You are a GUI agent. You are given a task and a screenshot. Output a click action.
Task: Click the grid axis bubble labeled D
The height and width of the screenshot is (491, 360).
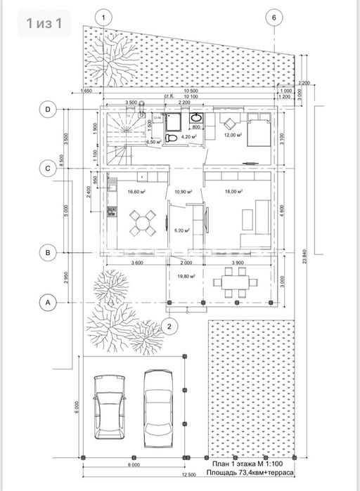48,109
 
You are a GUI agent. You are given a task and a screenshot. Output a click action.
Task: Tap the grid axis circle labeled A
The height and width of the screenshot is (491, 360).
48,302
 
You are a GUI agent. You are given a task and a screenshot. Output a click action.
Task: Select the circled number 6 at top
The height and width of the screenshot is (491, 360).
275,18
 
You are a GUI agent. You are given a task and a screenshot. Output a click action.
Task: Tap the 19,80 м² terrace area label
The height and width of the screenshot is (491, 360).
188,277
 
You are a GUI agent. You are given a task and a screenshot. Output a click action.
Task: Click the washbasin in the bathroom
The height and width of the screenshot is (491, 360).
198,117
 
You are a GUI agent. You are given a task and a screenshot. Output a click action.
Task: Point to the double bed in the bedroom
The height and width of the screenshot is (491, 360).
254,130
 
